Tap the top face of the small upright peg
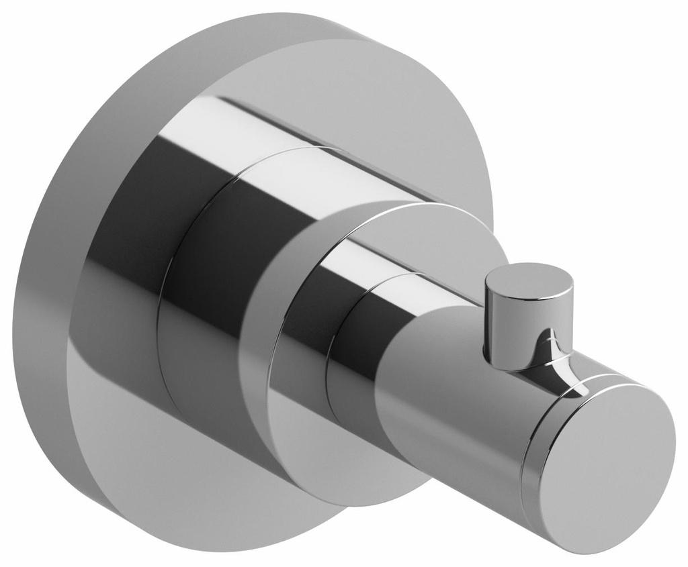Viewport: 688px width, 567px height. coord(529,279)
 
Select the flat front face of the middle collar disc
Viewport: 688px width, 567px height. coord(309,429)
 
